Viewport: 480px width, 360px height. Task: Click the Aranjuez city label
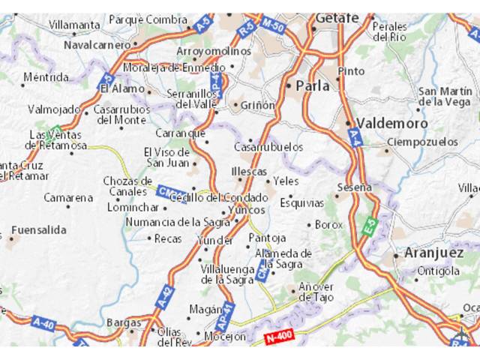(x=433, y=252)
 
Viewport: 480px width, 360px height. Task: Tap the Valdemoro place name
(x=391, y=123)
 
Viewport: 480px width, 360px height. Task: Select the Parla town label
(x=313, y=86)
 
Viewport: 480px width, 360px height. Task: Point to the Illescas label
(x=249, y=172)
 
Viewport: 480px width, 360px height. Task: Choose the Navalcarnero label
(x=97, y=44)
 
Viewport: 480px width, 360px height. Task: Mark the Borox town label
(x=328, y=224)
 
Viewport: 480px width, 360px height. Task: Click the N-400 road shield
(x=280, y=338)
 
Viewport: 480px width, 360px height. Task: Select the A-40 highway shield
(x=44, y=324)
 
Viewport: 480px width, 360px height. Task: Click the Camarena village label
(x=68, y=198)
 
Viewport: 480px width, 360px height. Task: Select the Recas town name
(x=168, y=238)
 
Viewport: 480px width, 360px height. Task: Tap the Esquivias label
(x=301, y=202)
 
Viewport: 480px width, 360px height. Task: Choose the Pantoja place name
(x=268, y=238)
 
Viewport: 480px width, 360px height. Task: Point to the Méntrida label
(x=46, y=76)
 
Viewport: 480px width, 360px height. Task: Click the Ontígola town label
(x=439, y=271)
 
